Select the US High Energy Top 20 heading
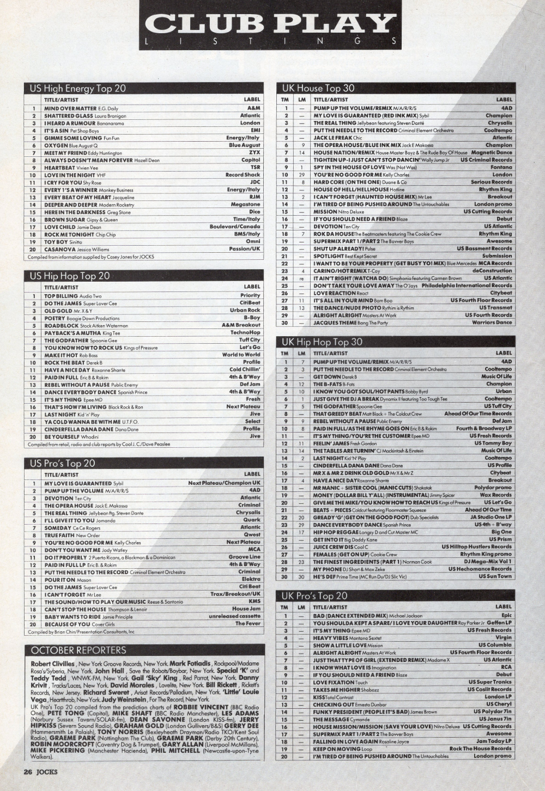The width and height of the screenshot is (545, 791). (x=78, y=88)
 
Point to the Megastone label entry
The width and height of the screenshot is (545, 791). (x=245, y=204)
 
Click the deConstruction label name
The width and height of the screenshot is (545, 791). (x=492, y=270)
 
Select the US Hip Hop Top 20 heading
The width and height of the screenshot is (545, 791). (x=70, y=276)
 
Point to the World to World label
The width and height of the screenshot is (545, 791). (x=241, y=355)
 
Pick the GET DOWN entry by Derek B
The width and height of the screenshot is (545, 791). (x=328, y=376)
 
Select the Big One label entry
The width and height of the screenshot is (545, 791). (x=501, y=532)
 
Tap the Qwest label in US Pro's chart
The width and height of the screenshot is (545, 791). (x=252, y=535)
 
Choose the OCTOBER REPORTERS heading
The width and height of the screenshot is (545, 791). (x=78, y=650)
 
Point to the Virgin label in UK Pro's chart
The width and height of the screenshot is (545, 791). (x=504, y=637)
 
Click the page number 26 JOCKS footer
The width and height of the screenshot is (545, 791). (x=40, y=771)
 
